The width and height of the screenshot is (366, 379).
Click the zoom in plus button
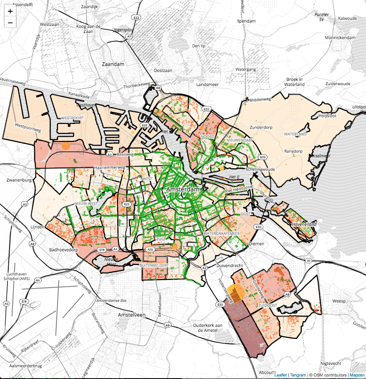(10, 11)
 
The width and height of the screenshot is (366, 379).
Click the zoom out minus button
(10, 22)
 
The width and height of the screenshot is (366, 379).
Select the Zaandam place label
(113, 64)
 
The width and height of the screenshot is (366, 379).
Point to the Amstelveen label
(131, 315)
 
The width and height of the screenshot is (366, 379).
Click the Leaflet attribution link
(280, 375)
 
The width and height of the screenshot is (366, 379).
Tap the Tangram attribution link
(298, 375)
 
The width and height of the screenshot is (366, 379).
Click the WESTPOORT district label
(73, 118)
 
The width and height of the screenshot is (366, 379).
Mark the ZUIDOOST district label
(268, 306)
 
